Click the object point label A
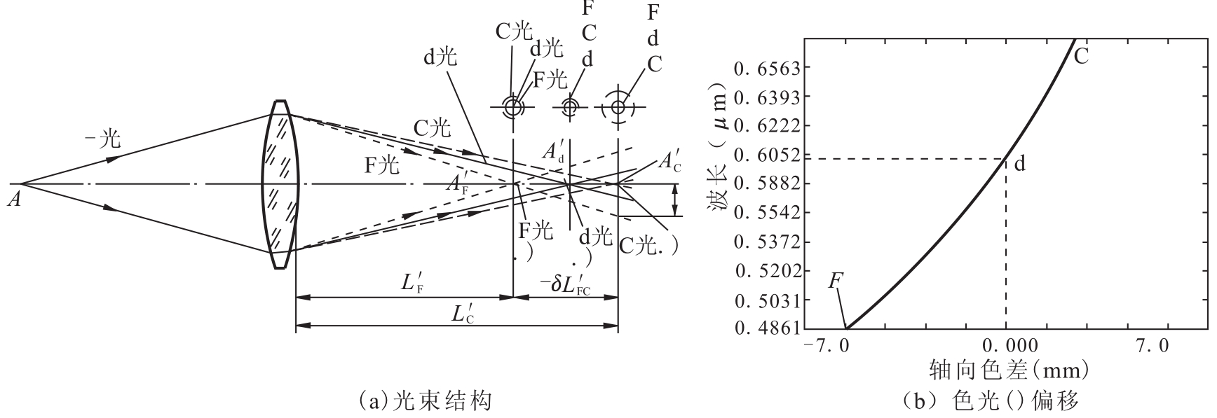13,200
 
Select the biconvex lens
280,184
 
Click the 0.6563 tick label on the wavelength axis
763,68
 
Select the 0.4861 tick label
763,328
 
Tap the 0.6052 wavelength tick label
763,155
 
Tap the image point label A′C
667,162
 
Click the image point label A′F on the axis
458,185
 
